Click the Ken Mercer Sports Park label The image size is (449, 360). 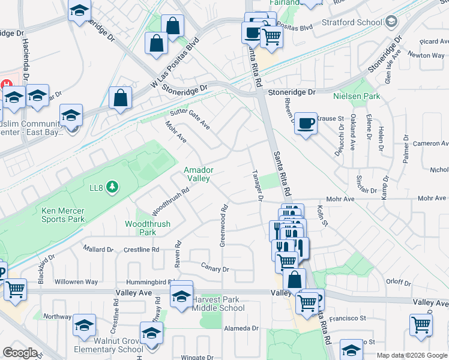tap(63, 215)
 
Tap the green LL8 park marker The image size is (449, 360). tap(112, 188)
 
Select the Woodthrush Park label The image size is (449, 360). tap(147, 228)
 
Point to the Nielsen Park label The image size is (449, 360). tap(357, 96)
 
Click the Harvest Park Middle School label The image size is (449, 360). tap(218, 304)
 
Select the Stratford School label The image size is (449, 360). tap(357, 23)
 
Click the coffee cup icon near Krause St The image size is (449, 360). tap(306, 123)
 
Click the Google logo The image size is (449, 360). tap(20, 353)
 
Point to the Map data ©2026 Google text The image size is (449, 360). tap(412, 355)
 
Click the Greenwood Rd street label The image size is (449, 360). tap(223, 226)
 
